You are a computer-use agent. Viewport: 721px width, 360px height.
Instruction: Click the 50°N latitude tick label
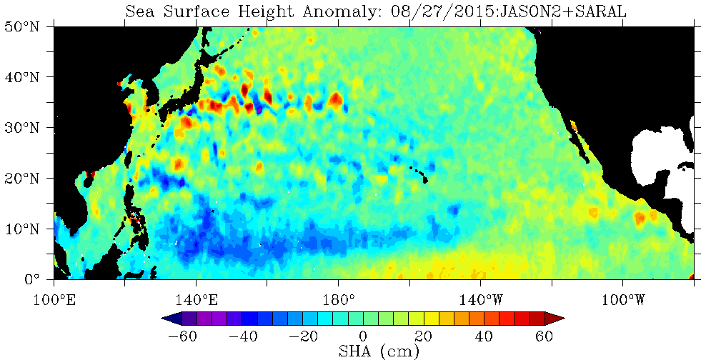coord(24,26)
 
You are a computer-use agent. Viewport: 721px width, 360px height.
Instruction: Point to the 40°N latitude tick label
coord(24,76)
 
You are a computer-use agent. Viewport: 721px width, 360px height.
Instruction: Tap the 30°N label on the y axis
coord(24,127)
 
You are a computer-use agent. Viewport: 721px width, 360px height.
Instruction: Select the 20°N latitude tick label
coord(24,178)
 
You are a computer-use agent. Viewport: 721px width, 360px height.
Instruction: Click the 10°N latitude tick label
coord(24,229)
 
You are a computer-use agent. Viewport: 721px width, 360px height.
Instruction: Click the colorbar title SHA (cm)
coord(379,351)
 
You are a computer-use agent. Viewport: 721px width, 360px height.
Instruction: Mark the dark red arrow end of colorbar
coord(555,318)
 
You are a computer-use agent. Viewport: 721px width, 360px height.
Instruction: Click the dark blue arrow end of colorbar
coord(171,318)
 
